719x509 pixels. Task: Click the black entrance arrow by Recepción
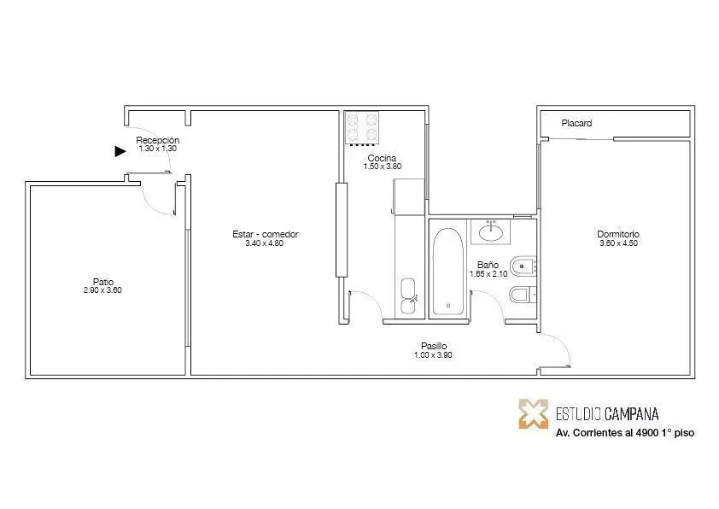click(x=120, y=151)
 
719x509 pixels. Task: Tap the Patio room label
click(x=103, y=282)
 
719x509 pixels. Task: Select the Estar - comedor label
click(x=266, y=234)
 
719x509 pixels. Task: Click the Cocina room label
click(x=382, y=158)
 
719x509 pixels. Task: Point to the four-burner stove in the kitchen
click(x=362, y=128)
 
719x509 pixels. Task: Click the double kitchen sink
click(x=408, y=296)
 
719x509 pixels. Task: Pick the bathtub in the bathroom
click(x=448, y=272)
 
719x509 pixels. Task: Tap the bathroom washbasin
click(x=491, y=231)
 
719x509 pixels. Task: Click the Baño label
click(x=488, y=265)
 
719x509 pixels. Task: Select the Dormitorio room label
click(x=618, y=234)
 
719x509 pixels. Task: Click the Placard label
click(x=576, y=123)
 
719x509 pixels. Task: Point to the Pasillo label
click(x=434, y=346)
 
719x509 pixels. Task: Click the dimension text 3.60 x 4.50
click(x=618, y=243)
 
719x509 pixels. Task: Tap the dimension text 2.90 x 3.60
click(x=102, y=290)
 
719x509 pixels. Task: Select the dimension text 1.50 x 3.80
click(x=383, y=167)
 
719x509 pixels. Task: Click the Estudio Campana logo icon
click(x=534, y=414)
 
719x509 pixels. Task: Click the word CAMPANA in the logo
click(x=631, y=414)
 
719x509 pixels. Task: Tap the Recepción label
click(x=157, y=140)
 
